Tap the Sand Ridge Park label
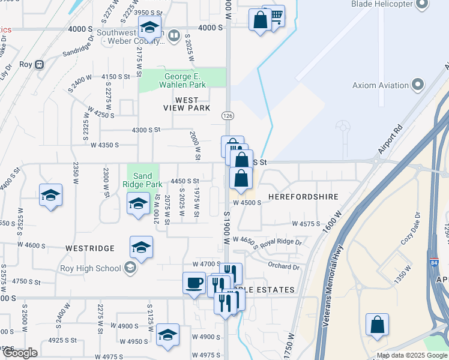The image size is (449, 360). point(142,180)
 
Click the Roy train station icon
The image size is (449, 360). point(40,65)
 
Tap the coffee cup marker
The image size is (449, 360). point(194,283)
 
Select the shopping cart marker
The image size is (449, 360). point(275,15)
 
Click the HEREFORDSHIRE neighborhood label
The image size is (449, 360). point(303,197)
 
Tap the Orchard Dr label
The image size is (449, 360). point(283,266)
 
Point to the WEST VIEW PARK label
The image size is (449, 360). point(187,104)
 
